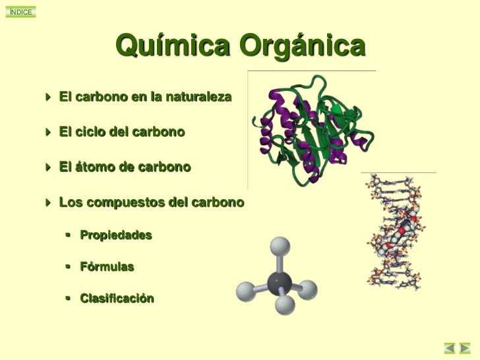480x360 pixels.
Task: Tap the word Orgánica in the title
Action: tap(302, 47)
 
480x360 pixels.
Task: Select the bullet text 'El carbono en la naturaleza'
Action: tap(145, 98)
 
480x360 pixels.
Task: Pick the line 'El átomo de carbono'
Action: tap(125, 167)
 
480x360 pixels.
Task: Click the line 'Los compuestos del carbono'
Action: tap(152, 201)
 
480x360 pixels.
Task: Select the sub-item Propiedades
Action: tap(116, 235)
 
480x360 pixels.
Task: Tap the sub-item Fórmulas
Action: tap(107, 267)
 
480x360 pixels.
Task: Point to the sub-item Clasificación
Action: tap(117, 299)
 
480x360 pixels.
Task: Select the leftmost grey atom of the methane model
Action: tap(246, 289)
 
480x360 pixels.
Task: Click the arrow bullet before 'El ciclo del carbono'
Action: tap(49, 133)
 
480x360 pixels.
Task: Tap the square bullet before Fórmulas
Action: tap(69, 267)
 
